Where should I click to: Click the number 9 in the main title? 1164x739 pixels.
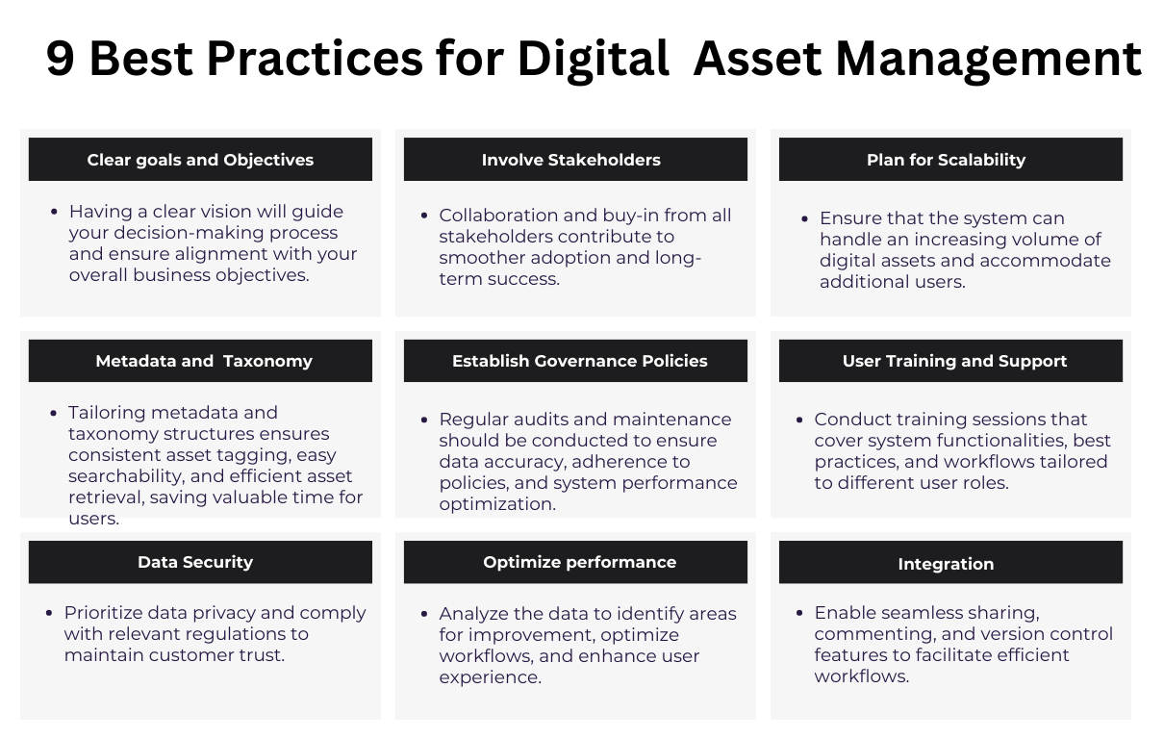click(x=61, y=60)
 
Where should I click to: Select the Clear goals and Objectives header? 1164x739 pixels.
click(x=200, y=160)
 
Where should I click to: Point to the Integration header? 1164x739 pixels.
click(x=946, y=564)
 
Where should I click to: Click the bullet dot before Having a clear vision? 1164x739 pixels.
click(x=54, y=212)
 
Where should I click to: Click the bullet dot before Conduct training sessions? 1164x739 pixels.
click(x=799, y=420)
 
